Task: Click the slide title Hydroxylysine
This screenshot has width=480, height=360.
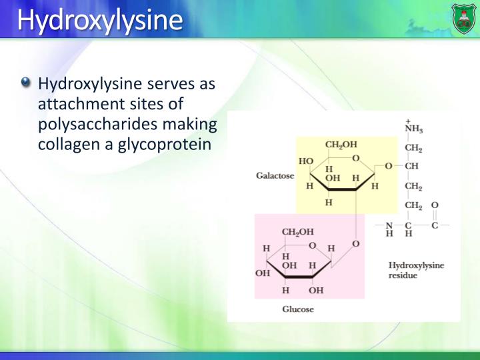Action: point(99,20)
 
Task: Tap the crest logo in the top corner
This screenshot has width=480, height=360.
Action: point(463,18)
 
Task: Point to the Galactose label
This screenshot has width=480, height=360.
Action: point(274,176)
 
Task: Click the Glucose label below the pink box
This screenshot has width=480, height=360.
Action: point(297,309)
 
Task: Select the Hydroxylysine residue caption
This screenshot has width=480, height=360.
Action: point(416,270)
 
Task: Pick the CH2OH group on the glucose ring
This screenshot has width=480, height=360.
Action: point(298,231)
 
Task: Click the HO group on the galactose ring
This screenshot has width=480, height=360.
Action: point(306,161)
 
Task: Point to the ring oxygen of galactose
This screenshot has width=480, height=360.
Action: point(356,158)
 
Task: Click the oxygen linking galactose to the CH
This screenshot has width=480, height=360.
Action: point(389,166)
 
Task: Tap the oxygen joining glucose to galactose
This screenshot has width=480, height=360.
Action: point(355,245)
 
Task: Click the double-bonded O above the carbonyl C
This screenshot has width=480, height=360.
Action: point(435,205)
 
